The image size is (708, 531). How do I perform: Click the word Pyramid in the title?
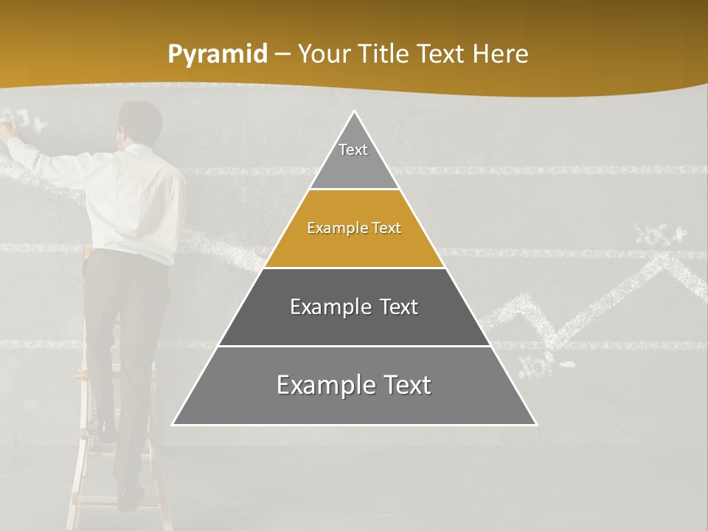tap(217, 55)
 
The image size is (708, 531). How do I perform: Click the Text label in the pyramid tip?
tap(353, 150)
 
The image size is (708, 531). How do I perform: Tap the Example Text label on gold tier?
tap(354, 228)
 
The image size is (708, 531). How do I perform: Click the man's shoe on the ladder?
tap(130, 497)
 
